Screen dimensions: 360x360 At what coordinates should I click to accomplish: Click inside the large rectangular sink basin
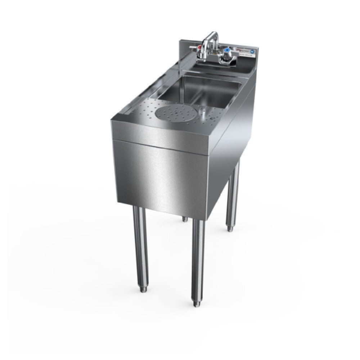pos(202,90)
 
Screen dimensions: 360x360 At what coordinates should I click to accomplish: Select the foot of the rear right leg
pos(229,228)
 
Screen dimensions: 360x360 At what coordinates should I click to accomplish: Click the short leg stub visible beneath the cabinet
pos(184,218)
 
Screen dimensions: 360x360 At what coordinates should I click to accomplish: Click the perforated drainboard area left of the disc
pos(144,110)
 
